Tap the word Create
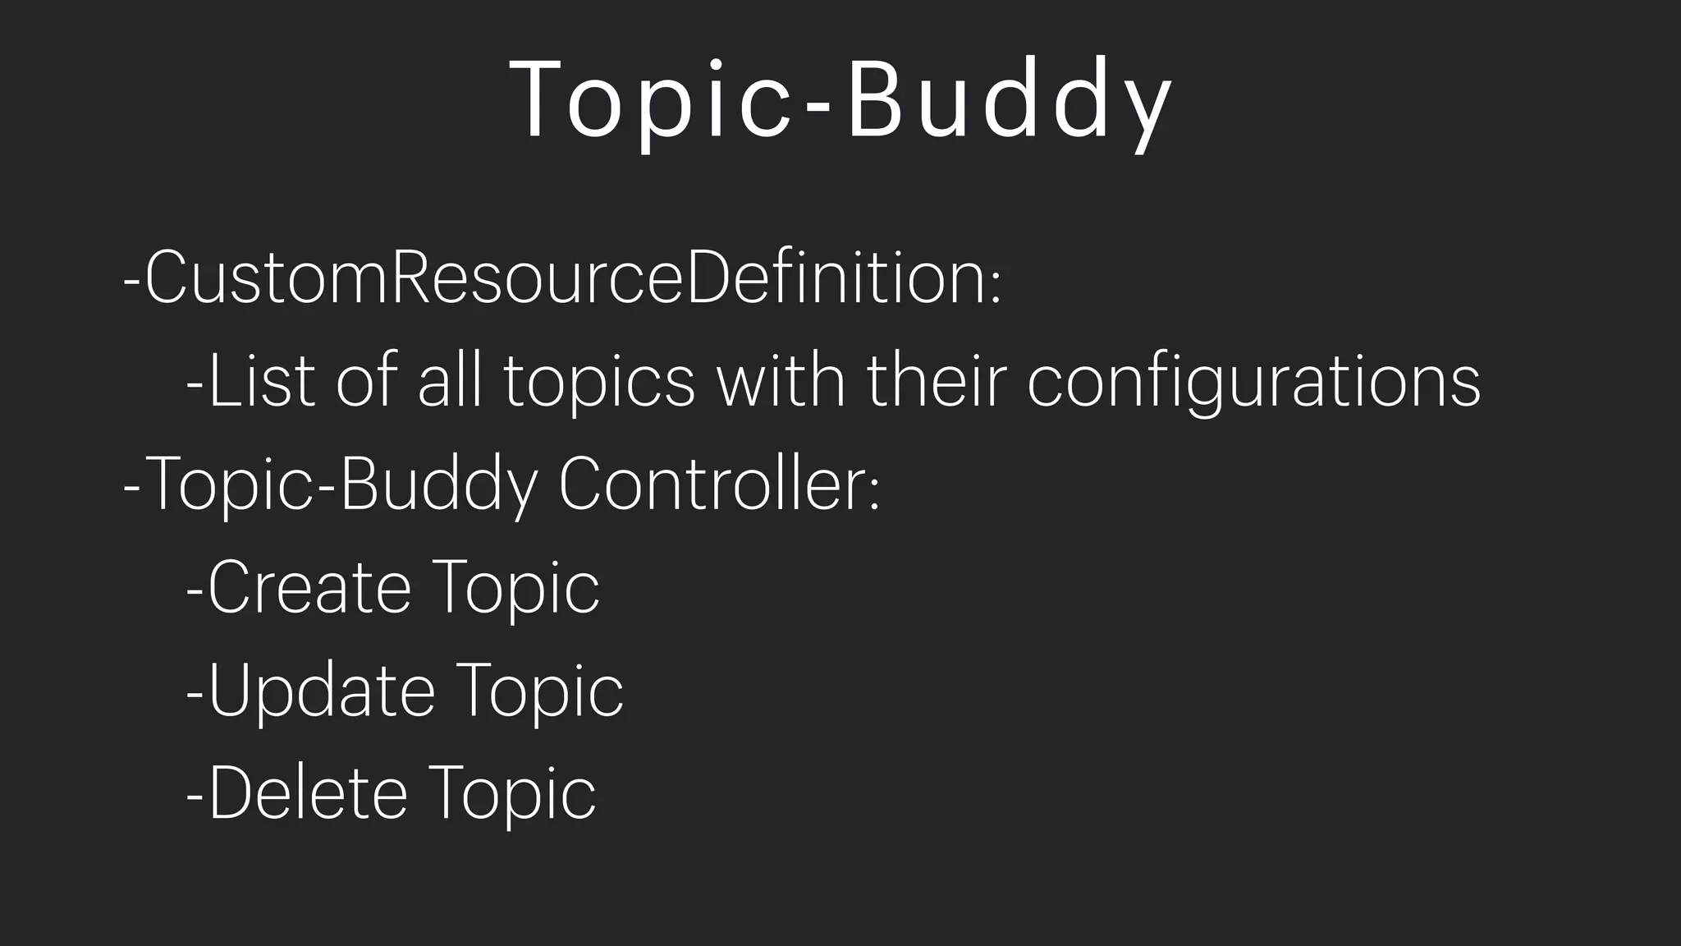309,588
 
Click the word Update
321,691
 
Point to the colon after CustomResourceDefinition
996,287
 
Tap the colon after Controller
874,493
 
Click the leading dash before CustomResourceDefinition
131,281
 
